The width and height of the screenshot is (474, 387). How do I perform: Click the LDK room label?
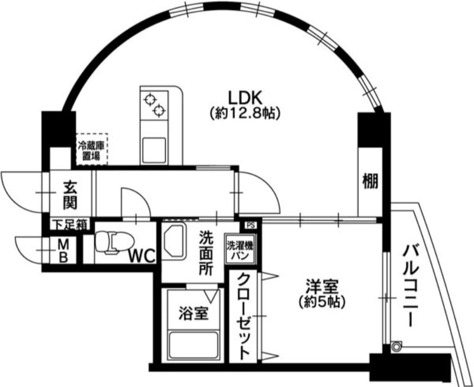click(244, 98)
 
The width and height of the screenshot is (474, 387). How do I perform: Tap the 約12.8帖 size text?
click(244, 113)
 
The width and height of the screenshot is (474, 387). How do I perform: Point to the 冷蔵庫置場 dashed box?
click(92, 149)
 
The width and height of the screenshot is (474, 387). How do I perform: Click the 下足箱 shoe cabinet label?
click(71, 225)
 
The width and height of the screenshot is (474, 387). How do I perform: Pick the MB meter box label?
click(63, 250)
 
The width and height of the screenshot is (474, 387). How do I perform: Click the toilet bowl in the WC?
click(114, 241)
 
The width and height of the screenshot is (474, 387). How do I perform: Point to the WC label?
click(142, 257)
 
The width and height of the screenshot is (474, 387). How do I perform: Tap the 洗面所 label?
click(206, 253)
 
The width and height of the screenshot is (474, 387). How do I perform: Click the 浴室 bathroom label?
click(194, 313)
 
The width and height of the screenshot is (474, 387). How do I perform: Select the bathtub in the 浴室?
click(194, 346)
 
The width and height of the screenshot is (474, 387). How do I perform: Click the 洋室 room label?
click(322, 286)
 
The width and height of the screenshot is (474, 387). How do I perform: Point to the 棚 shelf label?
click(371, 182)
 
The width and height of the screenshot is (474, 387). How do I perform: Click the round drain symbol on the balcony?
click(396, 347)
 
